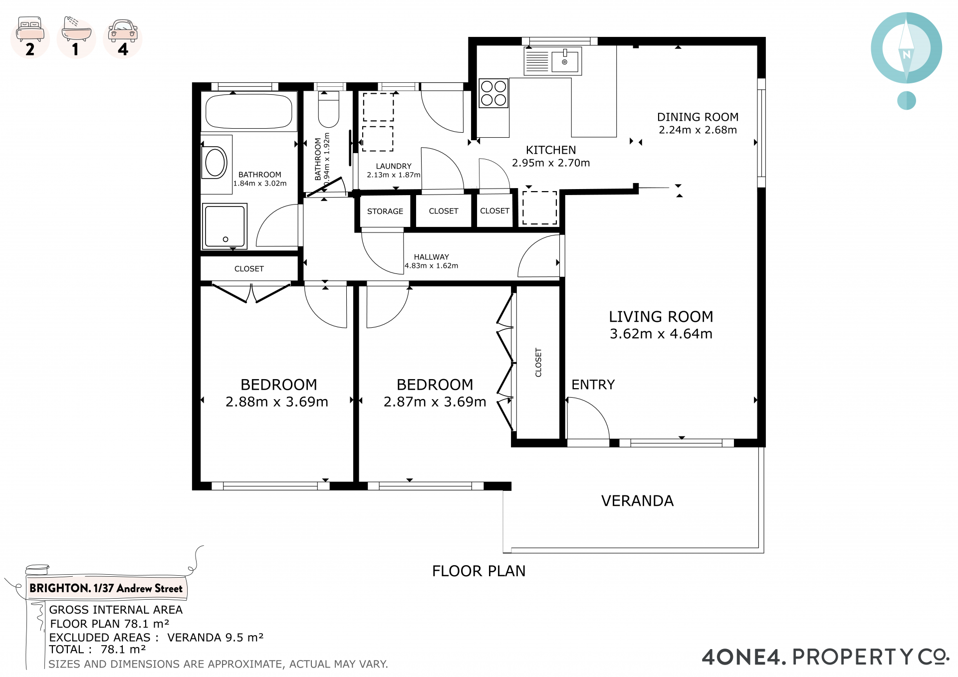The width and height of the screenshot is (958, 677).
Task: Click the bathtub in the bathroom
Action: click(248, 112)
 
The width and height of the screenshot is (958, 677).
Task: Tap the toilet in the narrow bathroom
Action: click(328, 109)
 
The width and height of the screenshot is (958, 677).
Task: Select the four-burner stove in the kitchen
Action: click(493, 93)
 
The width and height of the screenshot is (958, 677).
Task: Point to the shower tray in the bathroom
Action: click(225, 226)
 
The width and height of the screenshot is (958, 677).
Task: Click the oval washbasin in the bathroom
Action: click(216, 162)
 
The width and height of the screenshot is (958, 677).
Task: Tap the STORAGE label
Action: click(385, 212)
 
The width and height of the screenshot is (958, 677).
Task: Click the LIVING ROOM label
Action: click(661, 317)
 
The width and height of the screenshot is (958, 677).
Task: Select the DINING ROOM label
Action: click(698, 117)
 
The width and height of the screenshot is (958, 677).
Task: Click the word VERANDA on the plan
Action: click(637, 501)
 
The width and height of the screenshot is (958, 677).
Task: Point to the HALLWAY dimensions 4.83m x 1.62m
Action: click(431, 266)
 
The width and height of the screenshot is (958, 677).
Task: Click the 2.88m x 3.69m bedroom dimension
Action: click(277, 402)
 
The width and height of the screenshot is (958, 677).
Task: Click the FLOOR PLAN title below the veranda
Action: click(479, 571)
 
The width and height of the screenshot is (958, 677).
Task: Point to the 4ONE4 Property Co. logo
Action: click(826, 657)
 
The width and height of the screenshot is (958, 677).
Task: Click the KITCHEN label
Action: click(551, 150)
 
